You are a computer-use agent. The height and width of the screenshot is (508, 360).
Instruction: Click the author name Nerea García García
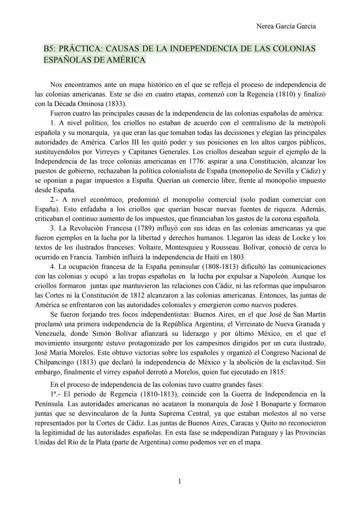286,26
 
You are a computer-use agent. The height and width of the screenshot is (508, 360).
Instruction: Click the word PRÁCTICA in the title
80,49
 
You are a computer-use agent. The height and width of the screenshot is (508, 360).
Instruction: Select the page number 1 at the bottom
180,481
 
